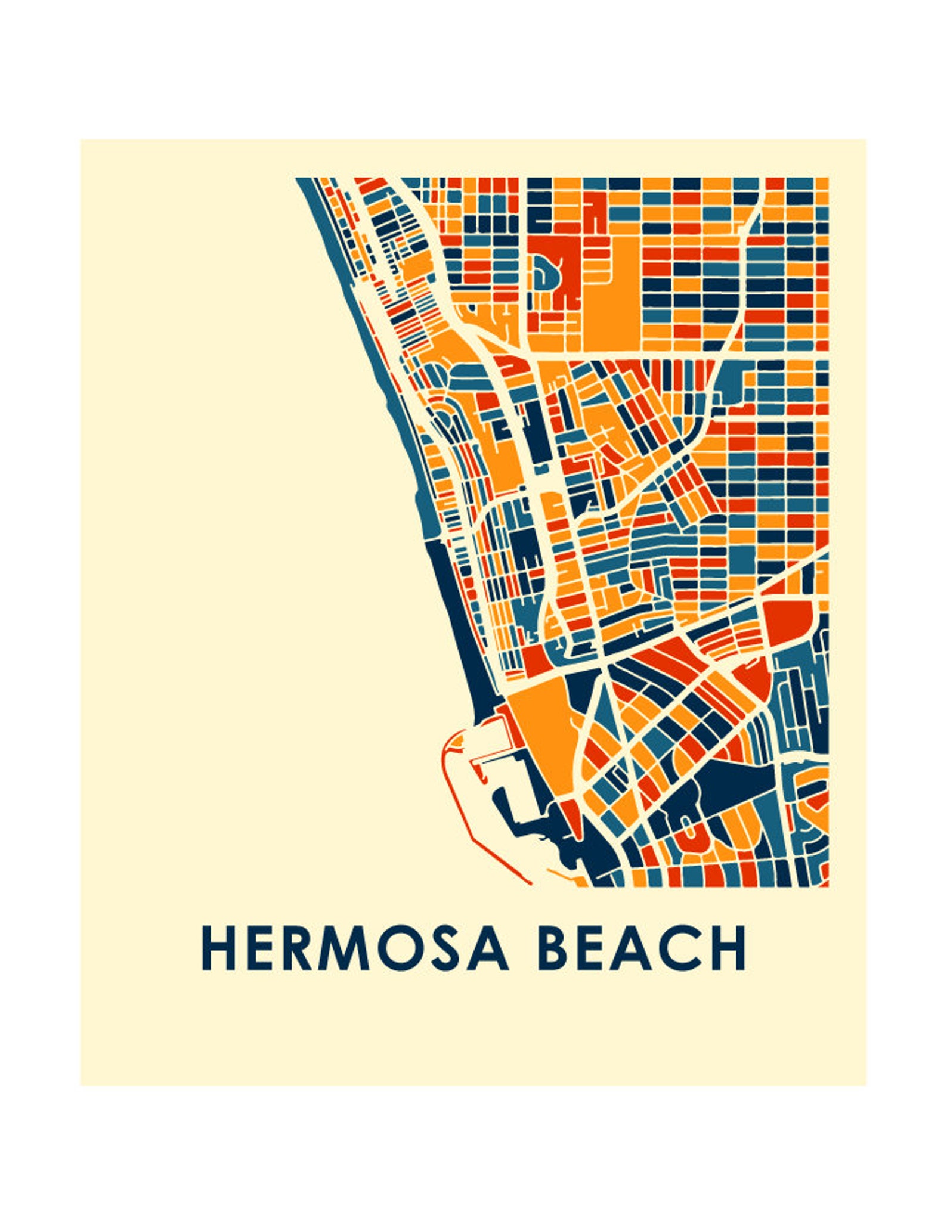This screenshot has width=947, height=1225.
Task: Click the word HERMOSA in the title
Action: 355,948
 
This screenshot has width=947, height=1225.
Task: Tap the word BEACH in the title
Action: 642,948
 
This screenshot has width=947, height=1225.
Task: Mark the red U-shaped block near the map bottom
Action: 689,832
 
